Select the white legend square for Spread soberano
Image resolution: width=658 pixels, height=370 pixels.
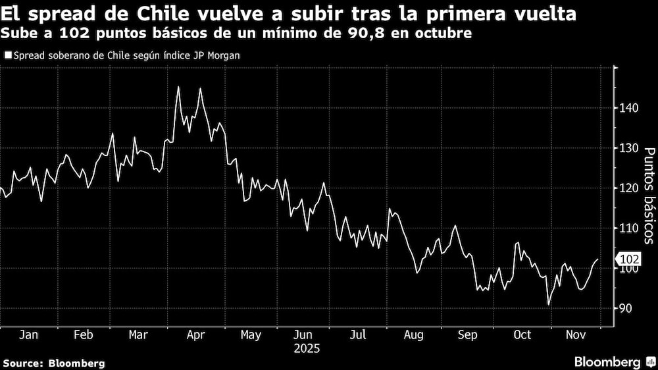coord(7,56)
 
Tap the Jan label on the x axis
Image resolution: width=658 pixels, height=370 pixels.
coord(28,335)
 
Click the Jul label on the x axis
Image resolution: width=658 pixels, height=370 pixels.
coord(359,335)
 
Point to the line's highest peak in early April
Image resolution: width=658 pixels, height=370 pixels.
coord(178,87)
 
